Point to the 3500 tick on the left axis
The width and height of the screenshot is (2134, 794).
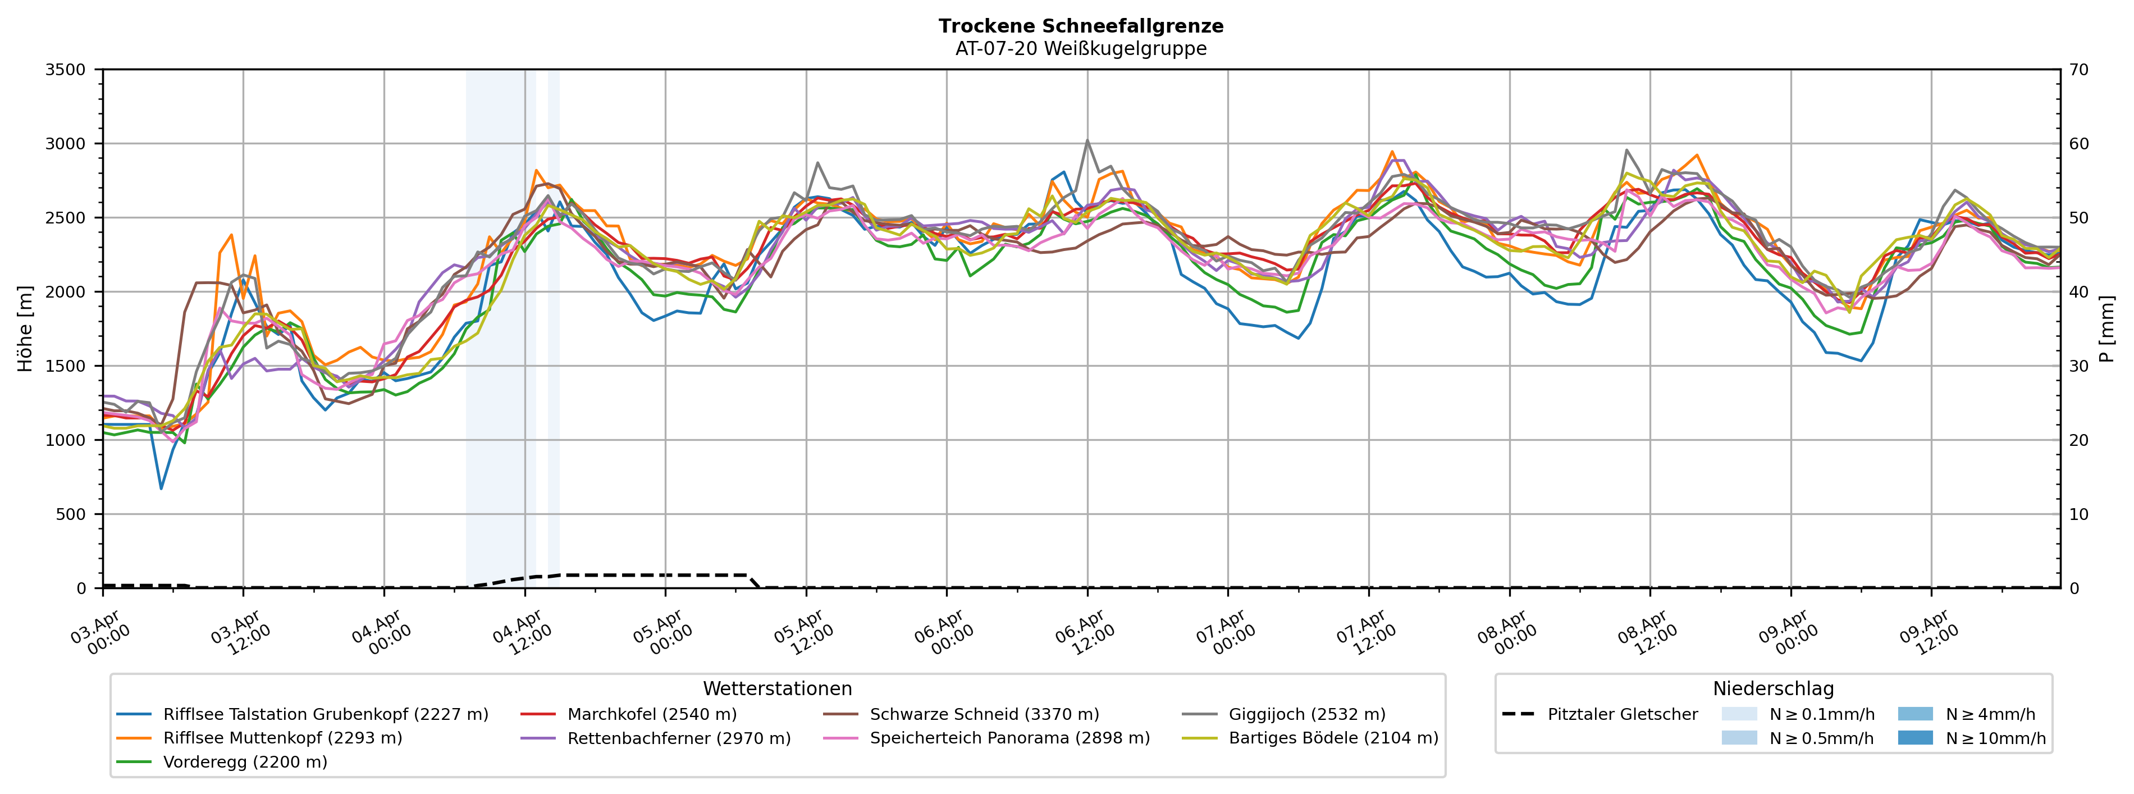click(66, 70)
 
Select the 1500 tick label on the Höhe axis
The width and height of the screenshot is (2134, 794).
click(66, 366)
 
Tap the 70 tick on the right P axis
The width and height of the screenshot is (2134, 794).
click(2078, 70)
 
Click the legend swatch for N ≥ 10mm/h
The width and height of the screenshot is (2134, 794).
click(1914, 738)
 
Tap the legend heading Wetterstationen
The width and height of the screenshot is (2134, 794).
click(777, 689)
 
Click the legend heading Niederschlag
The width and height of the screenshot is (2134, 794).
click(1773, 689)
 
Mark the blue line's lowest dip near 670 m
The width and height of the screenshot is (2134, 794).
click(162, 488)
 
